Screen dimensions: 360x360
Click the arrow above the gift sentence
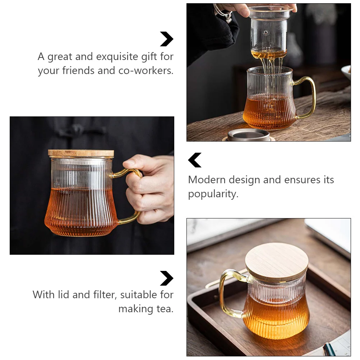[167, 39]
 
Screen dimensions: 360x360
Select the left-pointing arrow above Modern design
[195, 160]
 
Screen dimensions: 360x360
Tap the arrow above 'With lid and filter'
[167, 278]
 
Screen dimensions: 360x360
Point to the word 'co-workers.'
[146, 70]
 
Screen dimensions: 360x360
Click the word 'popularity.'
[213, 194]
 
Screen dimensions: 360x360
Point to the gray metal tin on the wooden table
[249, 135]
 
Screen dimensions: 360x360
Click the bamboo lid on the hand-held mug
[81, 153]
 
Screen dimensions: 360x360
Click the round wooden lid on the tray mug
[276, 262]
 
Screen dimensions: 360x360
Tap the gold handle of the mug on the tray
[227, 293]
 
